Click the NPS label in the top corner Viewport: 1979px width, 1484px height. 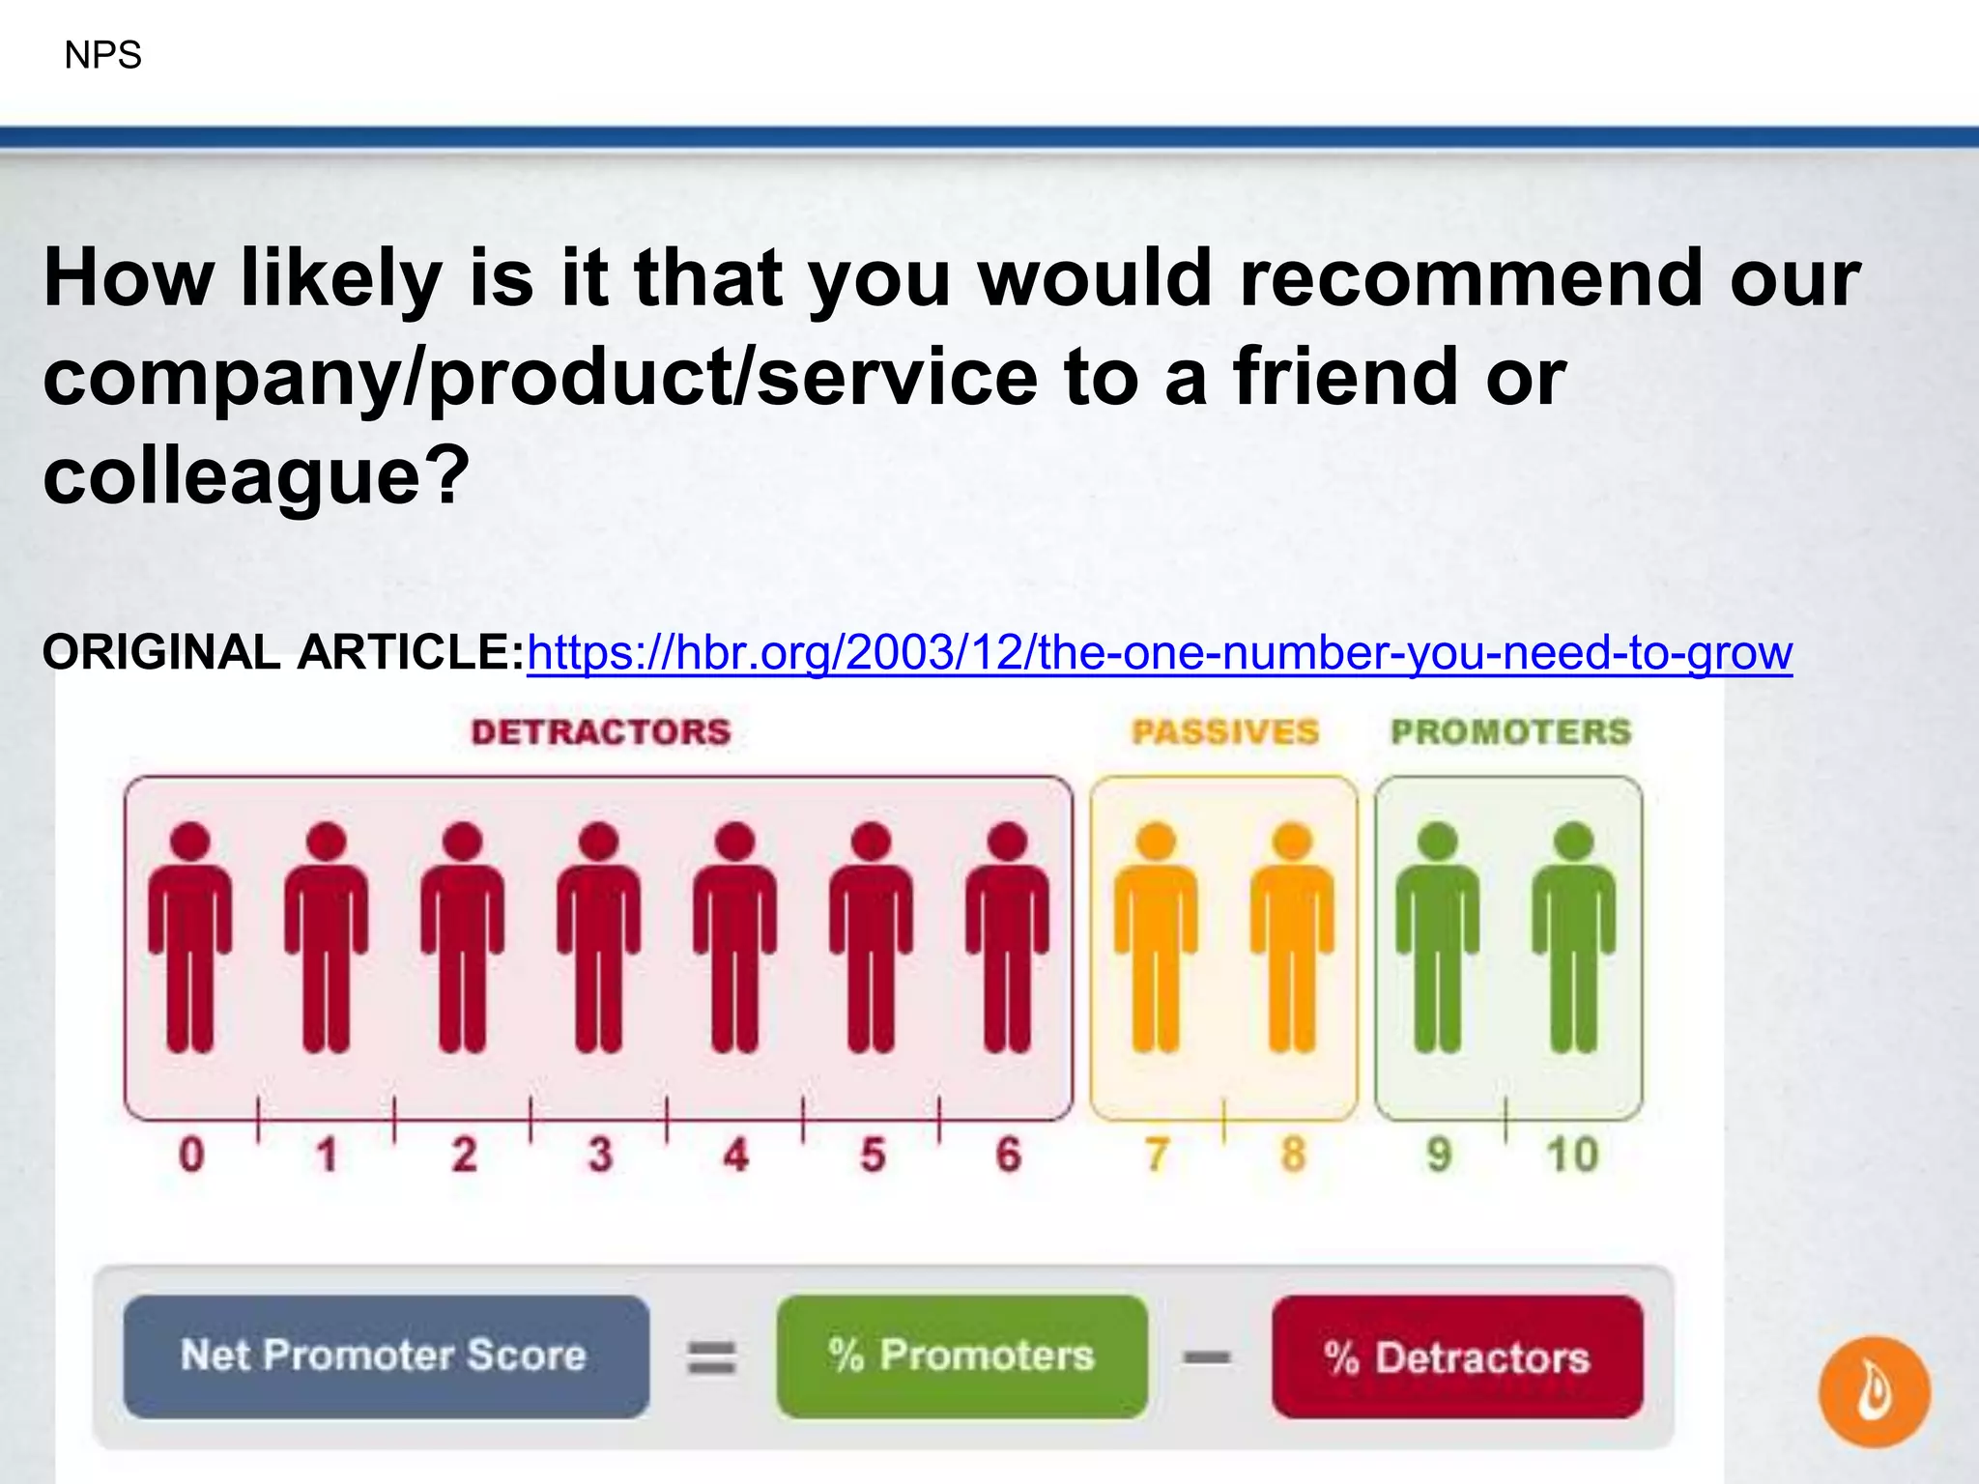click(x=102, y=55)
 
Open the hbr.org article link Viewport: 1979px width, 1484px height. click(x=1159, y=653)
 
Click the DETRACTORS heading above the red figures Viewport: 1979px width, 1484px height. click(x=601, y=732)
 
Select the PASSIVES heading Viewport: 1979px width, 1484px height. click(x=1225, y=732)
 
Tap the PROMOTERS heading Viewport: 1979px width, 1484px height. click(x=1510, y=732)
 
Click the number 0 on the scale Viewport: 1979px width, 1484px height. click(x=191, y=1155)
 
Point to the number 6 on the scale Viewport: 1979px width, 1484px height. click(x=1008, y=1155)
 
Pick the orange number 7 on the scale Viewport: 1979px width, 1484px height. click(x=1156, y=1155)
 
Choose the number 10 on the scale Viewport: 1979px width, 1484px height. click(x=1572, y=1155)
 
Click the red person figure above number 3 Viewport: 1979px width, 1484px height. click(x=599, y=937)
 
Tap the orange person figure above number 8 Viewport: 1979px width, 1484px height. click(x=1292, y=937)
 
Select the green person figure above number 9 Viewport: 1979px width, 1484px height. click(x=1438, y=937)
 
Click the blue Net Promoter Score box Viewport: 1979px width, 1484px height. click(x=386, y=1356)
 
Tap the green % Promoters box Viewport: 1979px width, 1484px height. click(x=961, y=1356)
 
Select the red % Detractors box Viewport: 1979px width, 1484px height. click(x=1457, y=1356)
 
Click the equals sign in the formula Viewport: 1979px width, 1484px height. click(x=711, y=1357)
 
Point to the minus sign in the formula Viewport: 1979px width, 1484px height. click(x=1208, y=1357)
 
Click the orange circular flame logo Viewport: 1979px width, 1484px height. click(x=1875, y=1391)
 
